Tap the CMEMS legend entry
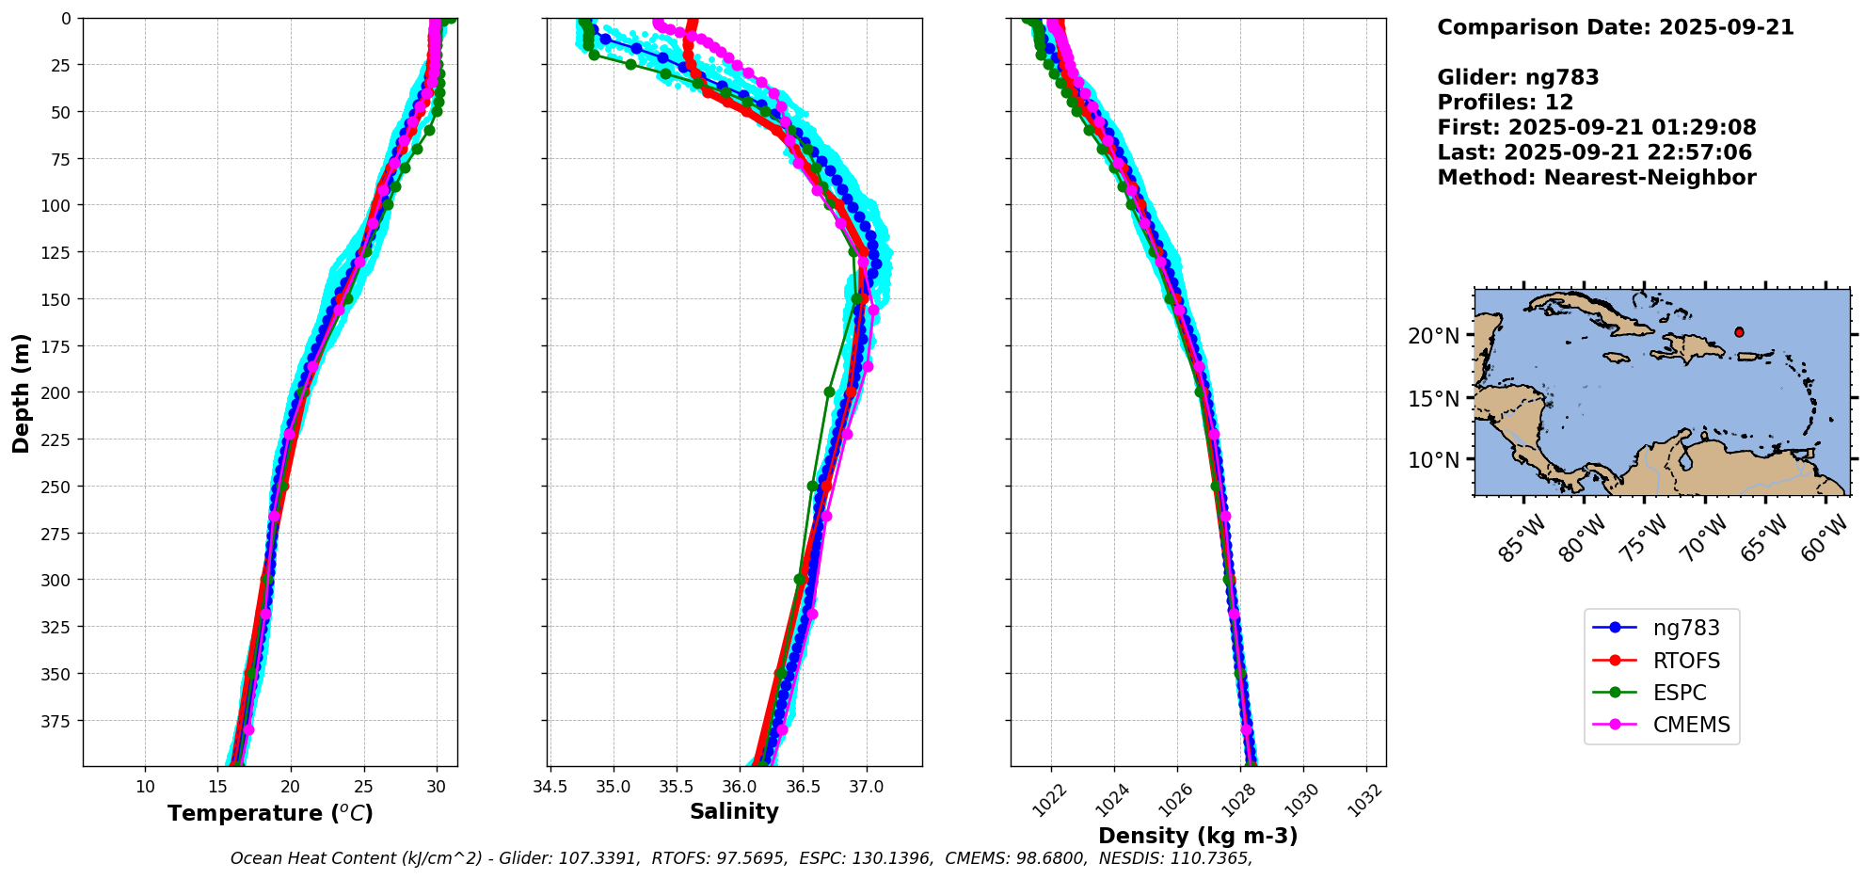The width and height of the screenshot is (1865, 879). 1662,725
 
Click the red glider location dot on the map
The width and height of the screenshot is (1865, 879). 1739,332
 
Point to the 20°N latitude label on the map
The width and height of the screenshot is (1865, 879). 1434,336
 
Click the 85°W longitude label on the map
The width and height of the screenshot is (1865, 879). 1521,537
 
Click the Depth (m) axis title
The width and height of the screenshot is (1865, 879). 21,392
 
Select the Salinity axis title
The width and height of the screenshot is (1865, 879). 734,811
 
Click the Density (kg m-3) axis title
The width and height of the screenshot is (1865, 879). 1198,836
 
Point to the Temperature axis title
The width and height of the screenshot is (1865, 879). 270,813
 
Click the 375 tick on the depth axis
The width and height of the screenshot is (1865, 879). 58,721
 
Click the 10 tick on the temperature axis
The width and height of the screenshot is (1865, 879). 145,787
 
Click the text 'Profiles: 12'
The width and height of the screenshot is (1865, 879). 1506,103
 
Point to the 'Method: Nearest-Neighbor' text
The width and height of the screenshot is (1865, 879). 1597,178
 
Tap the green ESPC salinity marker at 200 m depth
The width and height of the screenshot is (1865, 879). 829,392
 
